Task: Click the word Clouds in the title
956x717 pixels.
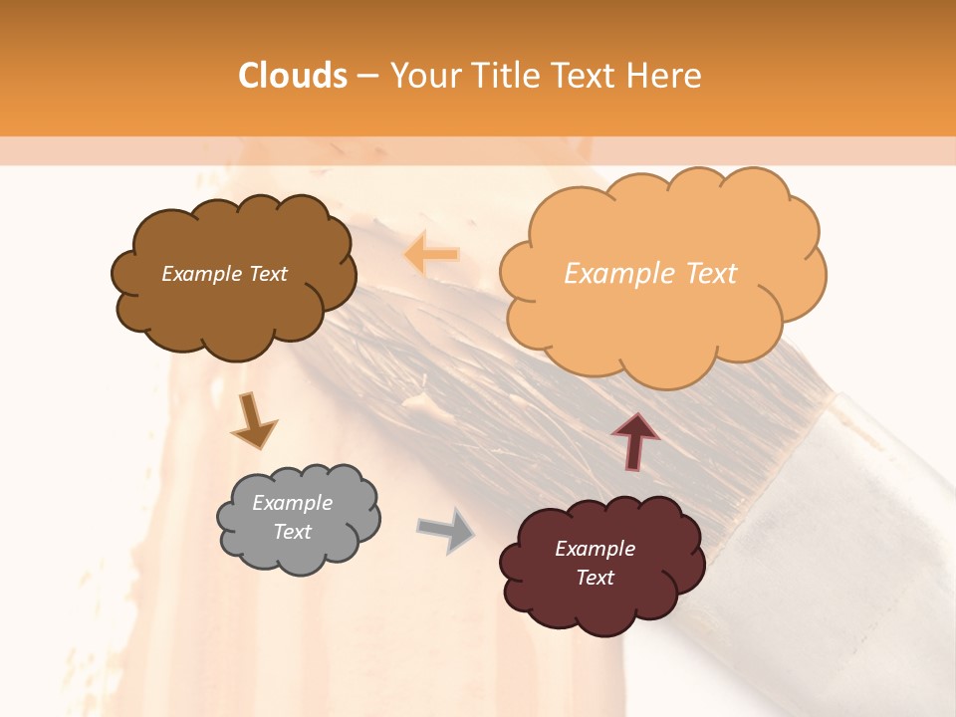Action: point(293,76)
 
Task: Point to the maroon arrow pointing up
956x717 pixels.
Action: point(634,439)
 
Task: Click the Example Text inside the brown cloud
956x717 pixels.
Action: point(224,274)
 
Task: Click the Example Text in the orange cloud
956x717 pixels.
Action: point(650,274)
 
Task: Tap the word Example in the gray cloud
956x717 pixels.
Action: point(292,503)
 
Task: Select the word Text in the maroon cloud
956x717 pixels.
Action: point(595,578)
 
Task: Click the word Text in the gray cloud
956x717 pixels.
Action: point(292,532)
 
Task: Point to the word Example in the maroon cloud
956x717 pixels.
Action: point(595,549)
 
